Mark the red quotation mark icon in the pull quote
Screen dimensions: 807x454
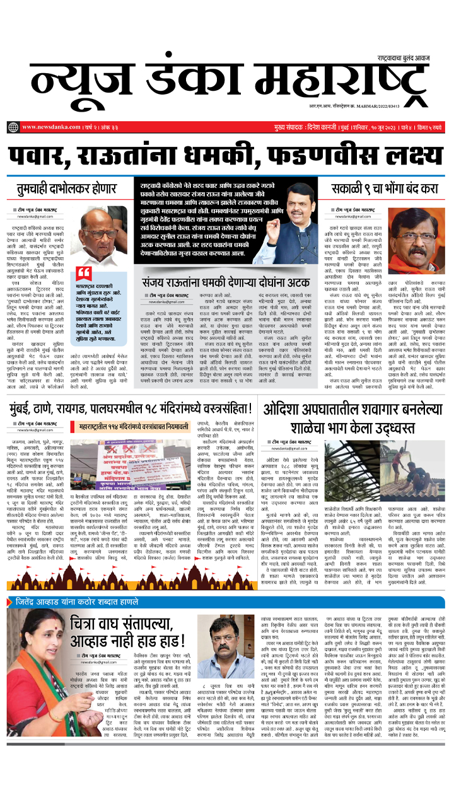83,272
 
